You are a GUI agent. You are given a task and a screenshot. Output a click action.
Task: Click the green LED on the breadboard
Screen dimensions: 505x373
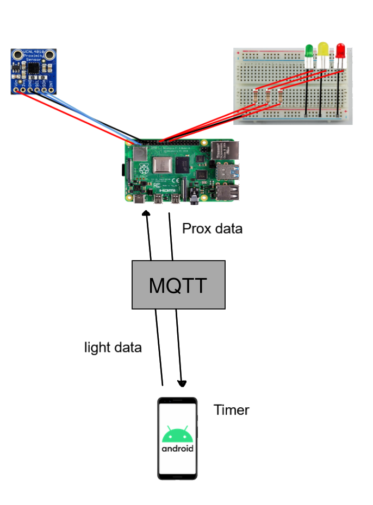(x=309, y=52)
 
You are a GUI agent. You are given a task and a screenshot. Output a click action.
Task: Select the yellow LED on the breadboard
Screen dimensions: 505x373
(x=323, y=49)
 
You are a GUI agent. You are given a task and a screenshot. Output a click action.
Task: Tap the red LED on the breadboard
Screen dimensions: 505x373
(x=340, y=50)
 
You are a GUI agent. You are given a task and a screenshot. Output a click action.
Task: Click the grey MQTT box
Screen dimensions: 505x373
(x=178, y=285)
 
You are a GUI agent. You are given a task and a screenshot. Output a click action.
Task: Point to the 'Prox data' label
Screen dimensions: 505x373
(x=212, y=229)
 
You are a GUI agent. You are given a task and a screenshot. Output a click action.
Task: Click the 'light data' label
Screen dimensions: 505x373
(x=113, y=348)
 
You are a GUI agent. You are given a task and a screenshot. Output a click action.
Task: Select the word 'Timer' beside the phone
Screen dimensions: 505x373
(x=231, y=410)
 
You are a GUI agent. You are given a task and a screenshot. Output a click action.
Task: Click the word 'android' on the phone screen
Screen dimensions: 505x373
(x=177, y=449)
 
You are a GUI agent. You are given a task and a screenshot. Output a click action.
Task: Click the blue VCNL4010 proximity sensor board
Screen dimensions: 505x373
(x=34, y=71)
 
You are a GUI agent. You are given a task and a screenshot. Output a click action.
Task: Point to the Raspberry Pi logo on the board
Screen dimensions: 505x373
(x=144, y=169)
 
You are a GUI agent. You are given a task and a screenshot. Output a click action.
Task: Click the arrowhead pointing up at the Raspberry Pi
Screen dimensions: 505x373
(x=146, y=213)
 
